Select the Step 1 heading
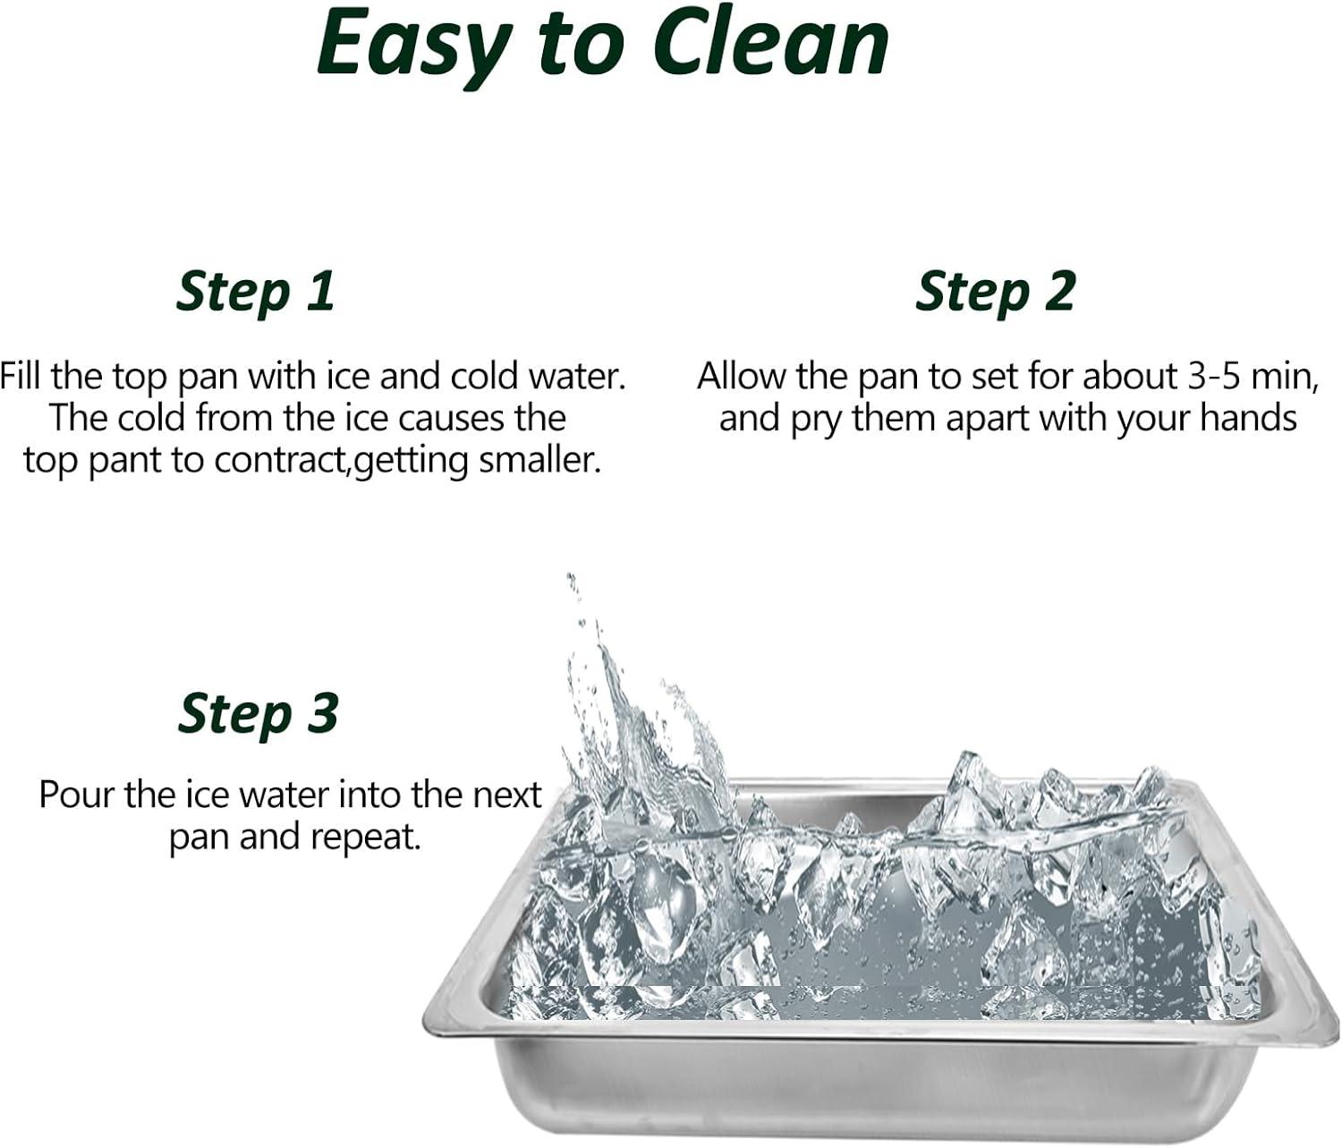[256, 293]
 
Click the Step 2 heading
[995, 293]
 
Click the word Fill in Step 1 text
[22, 376]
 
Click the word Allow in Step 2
[741, 376]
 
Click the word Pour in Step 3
[77, 795]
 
